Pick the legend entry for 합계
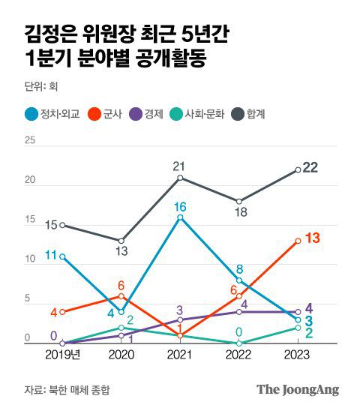click(x=250, y=115)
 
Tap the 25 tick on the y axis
click(x=29, y=140)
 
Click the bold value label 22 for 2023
click(x=310, y=167)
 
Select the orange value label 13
click(x=313, y=238)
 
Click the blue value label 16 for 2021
click(x=180, y=206)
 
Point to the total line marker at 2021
click(x=180, y=178)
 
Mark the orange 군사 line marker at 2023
click(x=298, y=241)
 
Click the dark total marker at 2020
click(x=121, y=241)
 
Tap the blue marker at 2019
click(x=62, y=256)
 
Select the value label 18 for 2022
click(x=238, y=213)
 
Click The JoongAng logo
click(x=298, y=389)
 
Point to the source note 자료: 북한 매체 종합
click(x=71, y=389)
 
